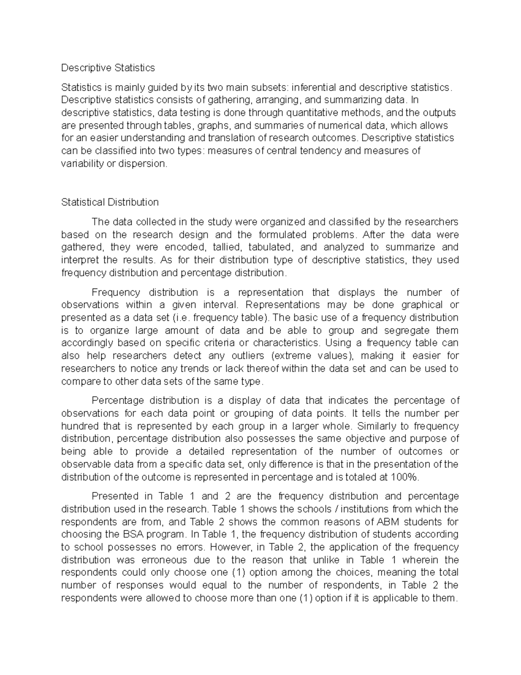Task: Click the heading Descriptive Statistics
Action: [108, 68]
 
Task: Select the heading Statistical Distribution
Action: [110, 202]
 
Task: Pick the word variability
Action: [82, 164]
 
